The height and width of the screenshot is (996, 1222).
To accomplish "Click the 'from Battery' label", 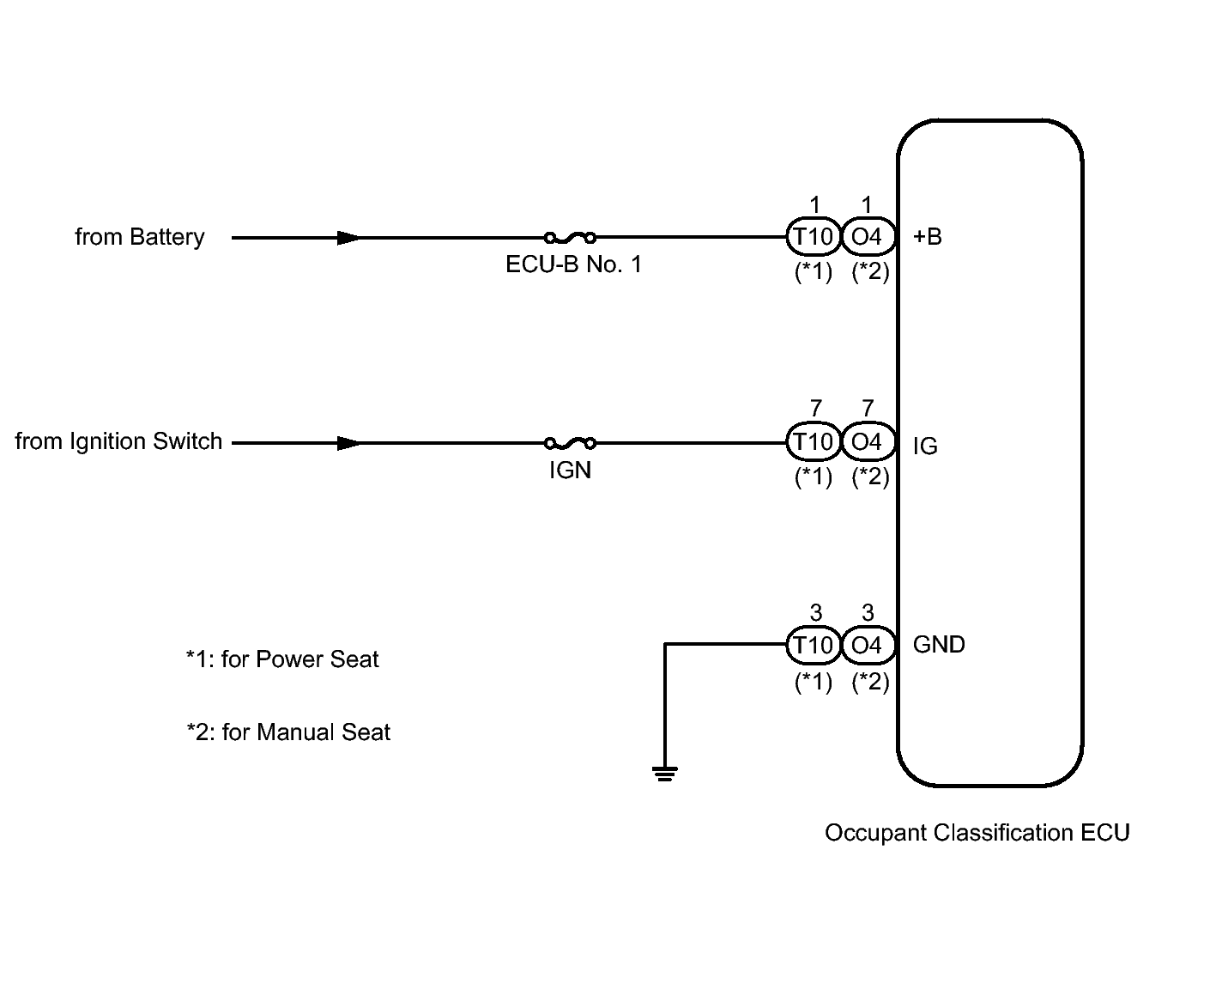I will coord(140,237).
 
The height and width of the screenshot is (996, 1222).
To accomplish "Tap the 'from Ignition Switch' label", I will coord(118,441).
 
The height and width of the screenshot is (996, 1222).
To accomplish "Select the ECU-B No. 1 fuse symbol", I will coord(570,237).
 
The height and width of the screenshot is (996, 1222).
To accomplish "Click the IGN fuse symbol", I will coord(570,443).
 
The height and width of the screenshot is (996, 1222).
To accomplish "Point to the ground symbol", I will coord(665,774).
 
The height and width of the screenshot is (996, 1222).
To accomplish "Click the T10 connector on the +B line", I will coord(813,236).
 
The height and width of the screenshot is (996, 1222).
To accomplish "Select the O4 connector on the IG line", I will coord(867,442).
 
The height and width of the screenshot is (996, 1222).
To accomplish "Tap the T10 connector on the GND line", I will coord(813,645).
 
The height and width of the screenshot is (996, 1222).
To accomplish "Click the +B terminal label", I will coord(927,237).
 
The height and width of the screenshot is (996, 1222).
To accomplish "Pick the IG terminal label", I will coord(925,446).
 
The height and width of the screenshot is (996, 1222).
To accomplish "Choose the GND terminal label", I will coord(939,645).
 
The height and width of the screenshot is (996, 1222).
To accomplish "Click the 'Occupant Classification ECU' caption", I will coord(977,833).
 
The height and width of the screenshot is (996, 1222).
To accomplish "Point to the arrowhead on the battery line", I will coord(348,237).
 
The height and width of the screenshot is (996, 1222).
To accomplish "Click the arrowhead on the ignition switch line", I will coord(348,443).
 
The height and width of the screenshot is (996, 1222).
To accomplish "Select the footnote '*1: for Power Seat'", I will coord(282,659).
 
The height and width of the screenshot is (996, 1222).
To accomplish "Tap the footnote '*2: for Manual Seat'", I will coord(288,732).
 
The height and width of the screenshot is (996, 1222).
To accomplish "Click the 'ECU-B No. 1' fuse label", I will coord(573,264).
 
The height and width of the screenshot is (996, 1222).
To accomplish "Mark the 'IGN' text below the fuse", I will coord(570,471).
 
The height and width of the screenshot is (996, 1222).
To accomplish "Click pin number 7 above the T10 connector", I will coord(815,410).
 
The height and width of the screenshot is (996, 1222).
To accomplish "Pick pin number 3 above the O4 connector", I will coord(868,613).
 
